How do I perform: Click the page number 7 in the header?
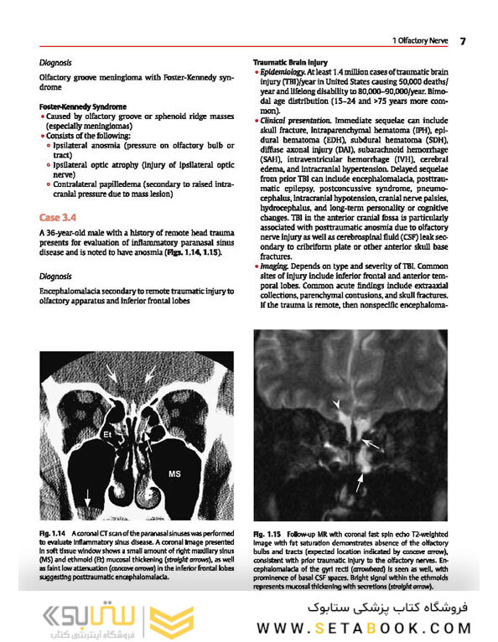point(462,41)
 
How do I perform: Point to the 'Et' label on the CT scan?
point(107,435)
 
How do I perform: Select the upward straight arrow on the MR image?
point(361,481)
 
